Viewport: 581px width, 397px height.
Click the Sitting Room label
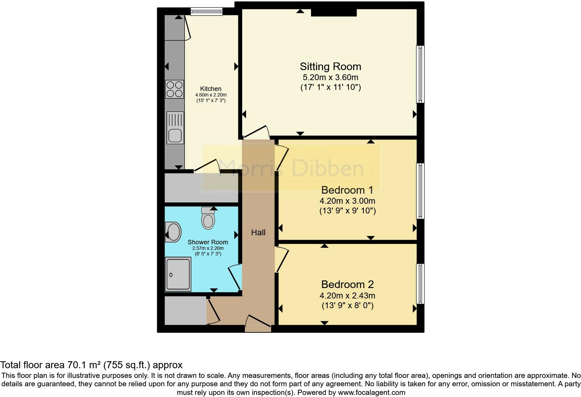[330, 67]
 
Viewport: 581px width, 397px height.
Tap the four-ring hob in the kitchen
[175, 89]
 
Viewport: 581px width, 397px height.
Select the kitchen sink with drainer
[175, 127]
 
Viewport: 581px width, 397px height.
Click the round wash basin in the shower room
[173, 232]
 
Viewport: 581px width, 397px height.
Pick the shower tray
[178, 274]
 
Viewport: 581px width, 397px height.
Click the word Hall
[258, 233]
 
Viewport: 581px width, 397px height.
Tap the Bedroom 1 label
[347, 190]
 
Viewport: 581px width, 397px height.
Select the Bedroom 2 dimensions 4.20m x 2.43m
[347, 296]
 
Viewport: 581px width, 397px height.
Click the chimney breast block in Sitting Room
[334, 13]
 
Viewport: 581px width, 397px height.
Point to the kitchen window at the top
[206, 12]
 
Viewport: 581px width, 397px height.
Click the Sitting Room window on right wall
[420, 74]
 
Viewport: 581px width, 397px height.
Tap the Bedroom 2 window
[420, 284]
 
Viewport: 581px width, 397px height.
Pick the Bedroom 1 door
[281, 158]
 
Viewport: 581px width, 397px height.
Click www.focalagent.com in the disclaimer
[371, 393]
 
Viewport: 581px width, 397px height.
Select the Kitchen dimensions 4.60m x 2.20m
[211, 95]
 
